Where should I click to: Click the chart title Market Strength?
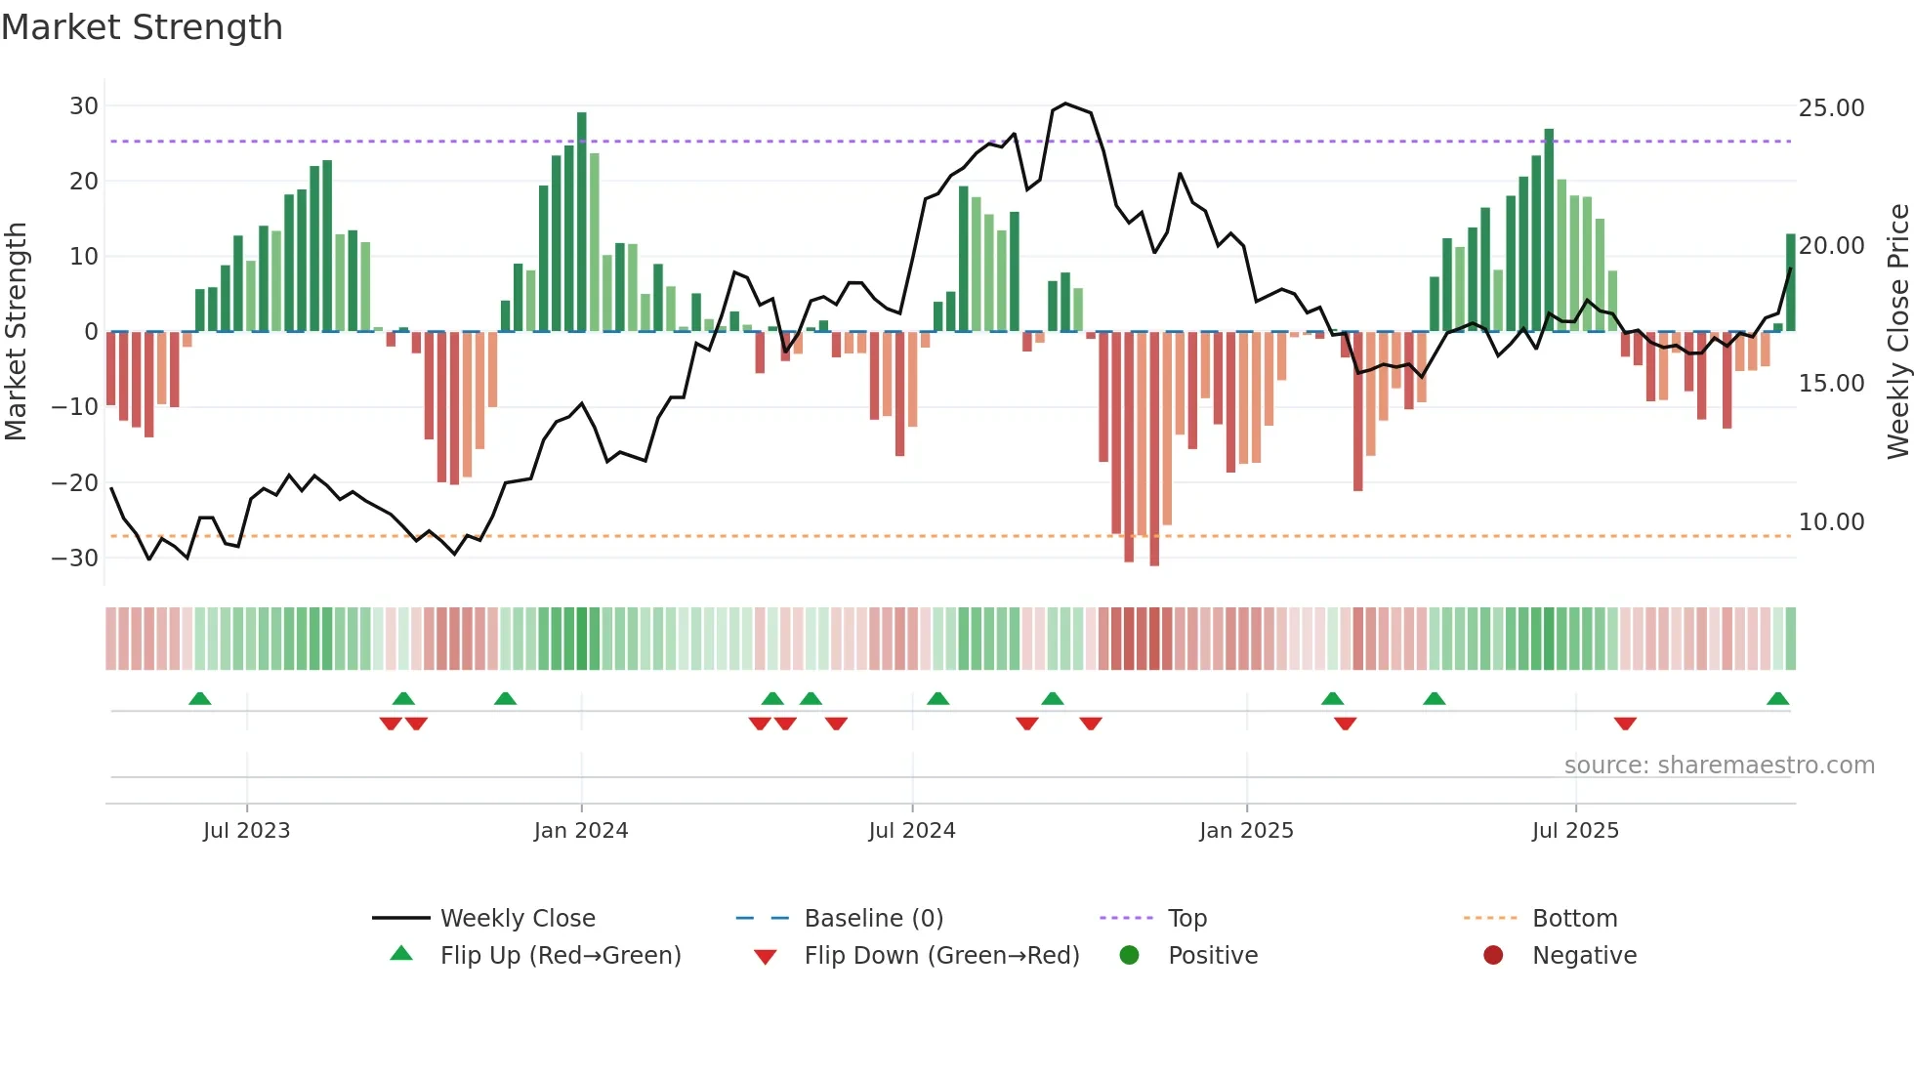(142, 27)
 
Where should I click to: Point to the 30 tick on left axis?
(84, 105)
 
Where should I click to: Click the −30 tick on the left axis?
(75, 559)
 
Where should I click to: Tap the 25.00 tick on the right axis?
(1831, 107)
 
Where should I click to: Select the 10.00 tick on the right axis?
(1831, 522)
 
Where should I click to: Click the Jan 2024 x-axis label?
(581, 831)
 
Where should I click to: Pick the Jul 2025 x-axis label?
(1575, 831)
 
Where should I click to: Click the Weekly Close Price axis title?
(1897, 331)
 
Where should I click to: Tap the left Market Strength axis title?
(17, 331)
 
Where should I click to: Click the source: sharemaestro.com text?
(1719, 766)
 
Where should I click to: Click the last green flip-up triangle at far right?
(1777, 699)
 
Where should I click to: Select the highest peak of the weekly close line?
(1065, 103)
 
